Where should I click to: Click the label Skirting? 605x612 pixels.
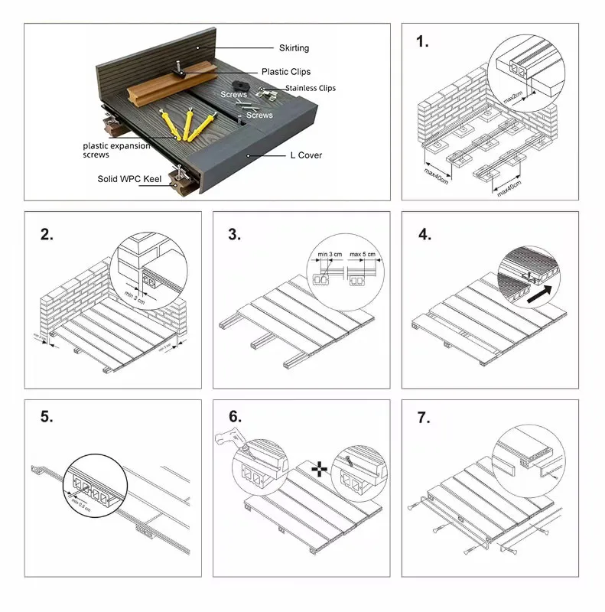pos(294,48)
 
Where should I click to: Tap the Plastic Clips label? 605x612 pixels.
pos(285,72)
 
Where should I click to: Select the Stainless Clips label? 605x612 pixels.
pos(311,89)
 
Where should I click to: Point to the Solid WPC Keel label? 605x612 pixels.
pos(129,179)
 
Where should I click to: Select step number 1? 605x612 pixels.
pos(422,41)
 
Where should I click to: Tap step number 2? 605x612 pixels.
pos(47,235)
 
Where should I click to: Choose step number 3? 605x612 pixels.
pos(235,235)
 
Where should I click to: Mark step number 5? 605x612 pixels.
pos(47,418)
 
